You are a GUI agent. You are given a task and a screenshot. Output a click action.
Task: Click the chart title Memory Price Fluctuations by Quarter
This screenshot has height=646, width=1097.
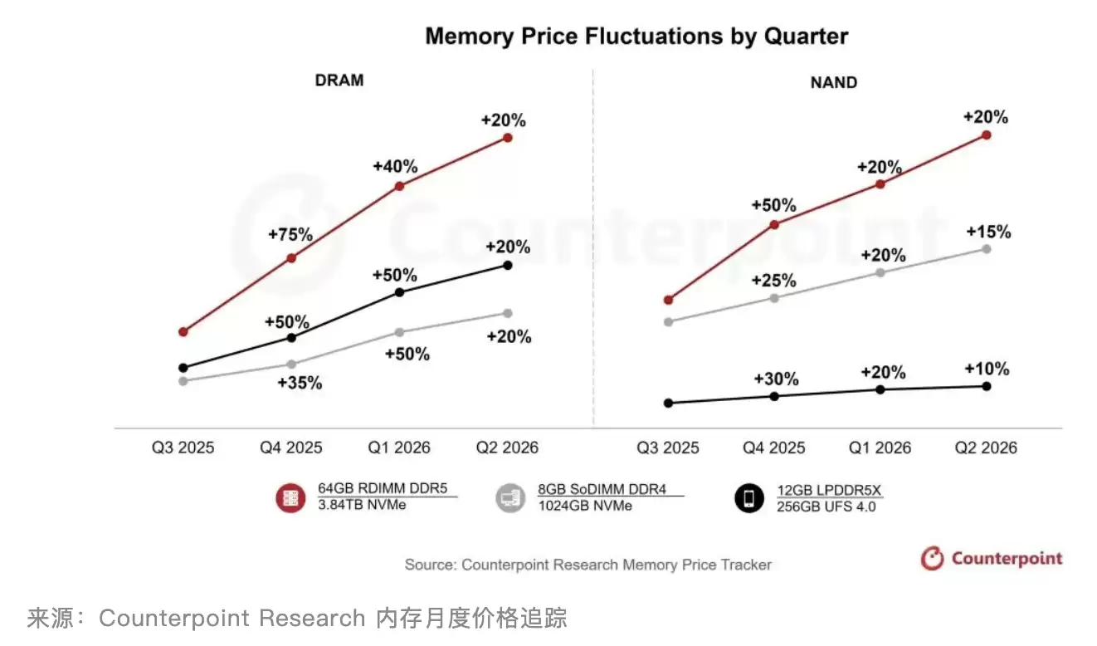tap(636, 37)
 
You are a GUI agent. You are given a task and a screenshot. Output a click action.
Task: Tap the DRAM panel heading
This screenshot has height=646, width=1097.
tap(339, 81)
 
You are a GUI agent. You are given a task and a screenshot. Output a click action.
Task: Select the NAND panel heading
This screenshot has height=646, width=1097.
tap(833, 82)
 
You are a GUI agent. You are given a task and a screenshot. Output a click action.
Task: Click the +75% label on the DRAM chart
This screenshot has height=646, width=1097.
tap(290, 235)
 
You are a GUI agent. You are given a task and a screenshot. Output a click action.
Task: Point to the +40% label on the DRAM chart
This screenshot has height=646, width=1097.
tap(395, 166)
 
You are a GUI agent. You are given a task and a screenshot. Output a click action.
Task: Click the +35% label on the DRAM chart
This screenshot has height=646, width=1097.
tap(300, 383)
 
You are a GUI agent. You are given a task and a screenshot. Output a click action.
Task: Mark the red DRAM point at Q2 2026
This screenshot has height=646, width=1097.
tap(508, 137)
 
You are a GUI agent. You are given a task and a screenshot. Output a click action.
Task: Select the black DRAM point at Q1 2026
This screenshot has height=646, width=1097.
tap(399, 292)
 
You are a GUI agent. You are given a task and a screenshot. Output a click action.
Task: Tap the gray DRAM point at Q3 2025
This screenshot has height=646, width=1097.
tap(183, 381)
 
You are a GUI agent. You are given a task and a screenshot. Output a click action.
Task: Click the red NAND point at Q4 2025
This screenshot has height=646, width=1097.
tap(774, 224)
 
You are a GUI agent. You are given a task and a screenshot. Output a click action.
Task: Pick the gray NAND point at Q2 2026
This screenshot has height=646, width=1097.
tap(987, 248)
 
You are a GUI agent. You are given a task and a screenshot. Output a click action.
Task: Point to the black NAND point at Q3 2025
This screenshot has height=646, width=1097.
tap(669, 403)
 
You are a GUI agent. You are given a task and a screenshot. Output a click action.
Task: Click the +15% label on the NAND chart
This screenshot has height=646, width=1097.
tap(988, 232)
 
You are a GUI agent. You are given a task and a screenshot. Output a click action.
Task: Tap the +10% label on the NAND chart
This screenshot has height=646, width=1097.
tap(987, 369)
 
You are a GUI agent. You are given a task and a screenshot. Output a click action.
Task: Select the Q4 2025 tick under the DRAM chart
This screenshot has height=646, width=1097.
tap(290, 448)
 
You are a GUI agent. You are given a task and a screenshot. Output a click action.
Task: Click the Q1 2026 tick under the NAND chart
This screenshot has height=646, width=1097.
tap(880, 448)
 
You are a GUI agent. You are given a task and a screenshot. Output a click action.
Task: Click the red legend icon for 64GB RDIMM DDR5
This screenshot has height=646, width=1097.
tap(290, 497)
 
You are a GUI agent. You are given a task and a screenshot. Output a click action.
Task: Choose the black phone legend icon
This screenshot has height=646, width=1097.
tap(749, 498)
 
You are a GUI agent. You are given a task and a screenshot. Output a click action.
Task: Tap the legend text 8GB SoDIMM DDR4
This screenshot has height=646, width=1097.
tap(602, 489)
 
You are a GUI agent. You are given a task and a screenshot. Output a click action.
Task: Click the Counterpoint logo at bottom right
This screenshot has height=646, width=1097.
tap(992, 558)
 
